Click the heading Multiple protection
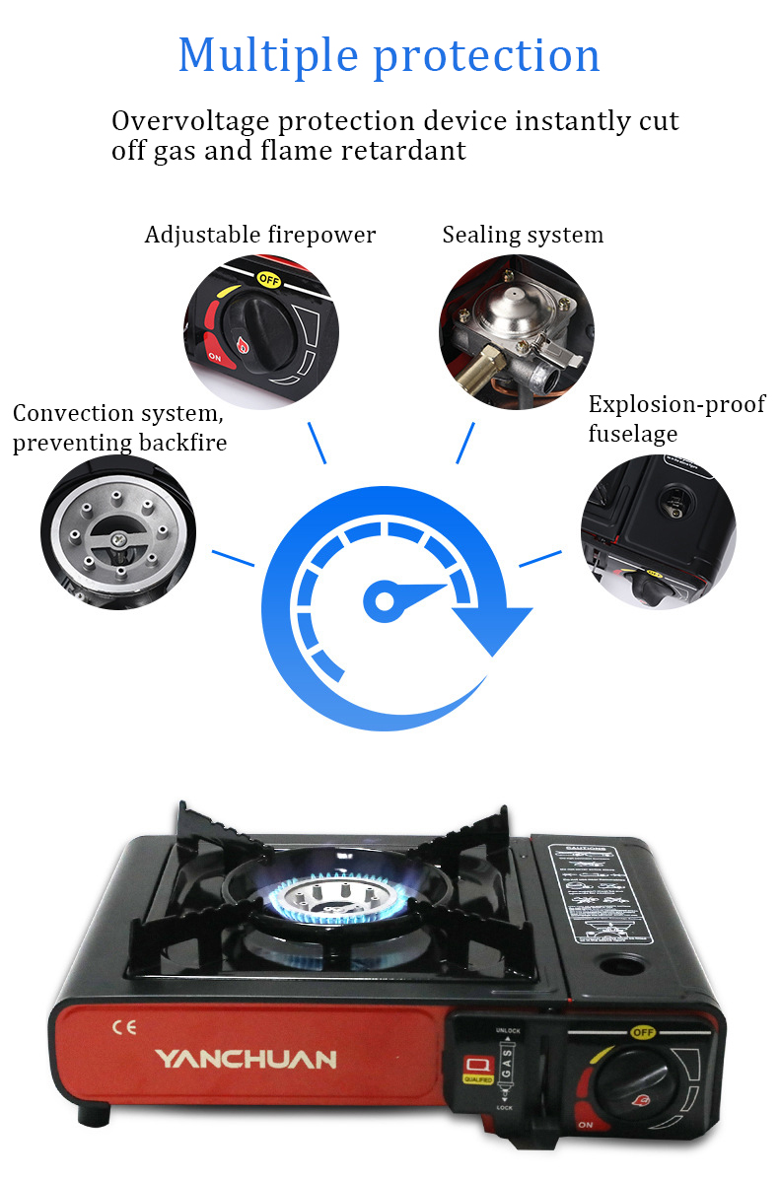point(389,55)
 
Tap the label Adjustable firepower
point(260,235)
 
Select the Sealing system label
point(523,235)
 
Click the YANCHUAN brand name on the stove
point(246,1060)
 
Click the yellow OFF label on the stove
point(643,1032)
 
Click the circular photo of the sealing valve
point(517,330)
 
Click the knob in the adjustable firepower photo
point(255,324)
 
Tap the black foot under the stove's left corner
point(97,1114)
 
